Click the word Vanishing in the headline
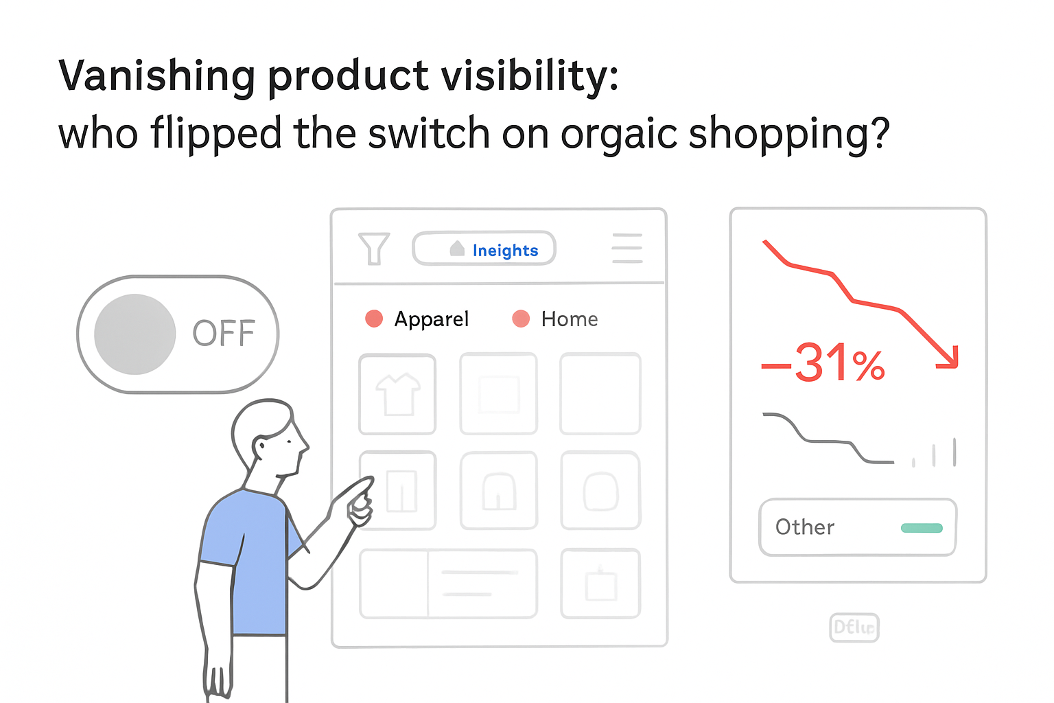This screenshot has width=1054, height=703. [x=156, y=76]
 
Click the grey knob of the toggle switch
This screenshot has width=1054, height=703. [x=135, y=334]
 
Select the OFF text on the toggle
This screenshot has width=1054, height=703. [x=224, y=334]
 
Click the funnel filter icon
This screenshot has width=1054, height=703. [x=374, y=249]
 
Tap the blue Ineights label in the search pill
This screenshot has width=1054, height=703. [x=505, y=251]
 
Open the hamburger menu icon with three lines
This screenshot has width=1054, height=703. [x=626, y=249]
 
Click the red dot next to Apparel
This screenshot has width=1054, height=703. [x=374, y=319]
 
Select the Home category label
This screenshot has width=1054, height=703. [x=569, y=319]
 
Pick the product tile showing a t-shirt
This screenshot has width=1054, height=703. [x=397, y=394]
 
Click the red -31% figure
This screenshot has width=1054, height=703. [x=823, y=363]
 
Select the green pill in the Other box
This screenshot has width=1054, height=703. [x=922, y=528]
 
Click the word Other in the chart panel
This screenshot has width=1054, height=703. [x=804, y=527]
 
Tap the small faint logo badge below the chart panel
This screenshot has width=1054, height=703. [x=854, y=627]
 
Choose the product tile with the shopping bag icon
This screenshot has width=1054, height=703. [x=600, y=584]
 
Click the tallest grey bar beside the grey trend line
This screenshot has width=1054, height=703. [x=955, y=452]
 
